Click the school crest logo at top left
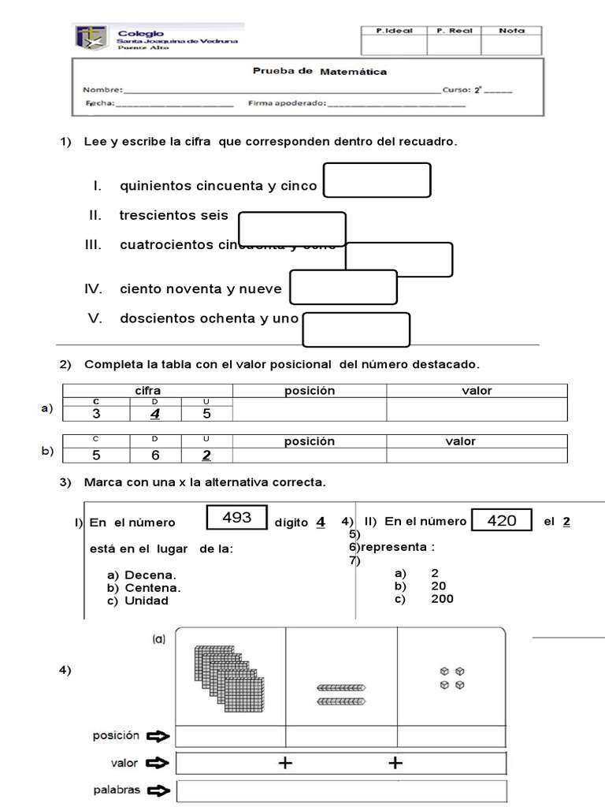(x=91, y=37)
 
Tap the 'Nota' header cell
(x=512, y=31)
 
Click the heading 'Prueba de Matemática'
(x=319, y=71)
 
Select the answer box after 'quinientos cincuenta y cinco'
(x=377, y=180)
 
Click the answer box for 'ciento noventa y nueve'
(x=343, y=287)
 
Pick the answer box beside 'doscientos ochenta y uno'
(x=356, y=329)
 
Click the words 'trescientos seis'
(x=173, y=215)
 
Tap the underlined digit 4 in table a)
(x=155, y=413)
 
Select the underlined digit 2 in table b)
(x=206, y=455)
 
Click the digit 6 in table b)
(x=155, y=455)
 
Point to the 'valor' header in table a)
(x=476, y=391)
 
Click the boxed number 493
(x=237, y=518)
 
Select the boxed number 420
(x=502, y=520)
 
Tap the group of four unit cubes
(x=452, y=678)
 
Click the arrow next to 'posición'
(x=158, y=736)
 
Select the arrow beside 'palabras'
(x=158, y=790)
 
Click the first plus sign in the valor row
(x=285, y=763)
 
